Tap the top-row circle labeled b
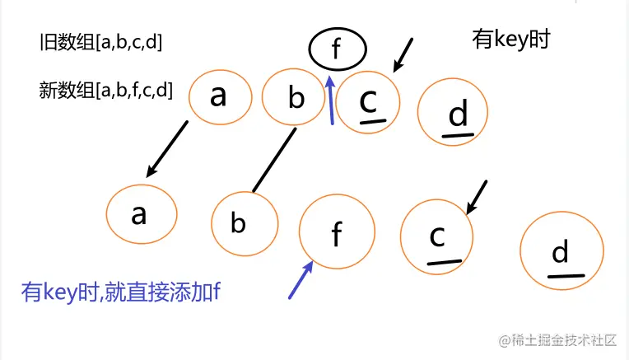coord(295,97)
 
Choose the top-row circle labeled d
coord(457,115)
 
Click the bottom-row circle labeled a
coord(142,214)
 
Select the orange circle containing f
coord(337,234)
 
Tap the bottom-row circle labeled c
coord(436,236)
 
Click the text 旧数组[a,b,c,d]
coord(100,42)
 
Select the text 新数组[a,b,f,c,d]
coord(105,90)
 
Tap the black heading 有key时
coord(510,39)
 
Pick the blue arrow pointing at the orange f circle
coord(301,279)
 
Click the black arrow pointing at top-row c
coord(403,54)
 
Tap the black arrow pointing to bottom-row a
coord(168,148)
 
